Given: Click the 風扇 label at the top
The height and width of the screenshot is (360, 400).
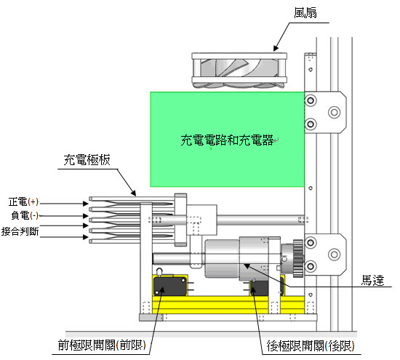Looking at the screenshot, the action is [x=305, y=13].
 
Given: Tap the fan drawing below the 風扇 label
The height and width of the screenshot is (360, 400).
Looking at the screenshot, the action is [x=239, y=70].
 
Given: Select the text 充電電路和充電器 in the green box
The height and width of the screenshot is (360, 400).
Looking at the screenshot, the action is [x=227, y=140].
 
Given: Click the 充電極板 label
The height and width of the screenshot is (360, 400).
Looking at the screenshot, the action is [x=87, y=160].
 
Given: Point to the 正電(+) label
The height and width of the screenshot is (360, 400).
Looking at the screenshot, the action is [x=23, y=201].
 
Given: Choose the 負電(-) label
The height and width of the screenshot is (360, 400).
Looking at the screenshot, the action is [x=25, y=215].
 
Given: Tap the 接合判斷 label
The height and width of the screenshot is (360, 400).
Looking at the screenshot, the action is [x=20, y=231].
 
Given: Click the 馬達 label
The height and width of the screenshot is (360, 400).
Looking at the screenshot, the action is [x=372, y=280].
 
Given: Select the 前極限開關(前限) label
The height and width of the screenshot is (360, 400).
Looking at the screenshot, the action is [x=102, y=345].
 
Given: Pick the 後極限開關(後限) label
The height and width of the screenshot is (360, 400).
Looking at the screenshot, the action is [x=311, y=346].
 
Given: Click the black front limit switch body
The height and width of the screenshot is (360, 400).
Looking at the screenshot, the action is [x=170, y=286].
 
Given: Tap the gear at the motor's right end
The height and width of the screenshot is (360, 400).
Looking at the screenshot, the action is [x=298, y=258].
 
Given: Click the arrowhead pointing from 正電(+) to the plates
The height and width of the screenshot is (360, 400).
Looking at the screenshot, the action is [x=86, y=204].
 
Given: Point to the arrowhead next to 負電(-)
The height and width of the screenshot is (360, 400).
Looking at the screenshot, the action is [x=86, y=216].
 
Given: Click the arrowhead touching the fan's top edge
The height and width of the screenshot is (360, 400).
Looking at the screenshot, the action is [x=276, y=49].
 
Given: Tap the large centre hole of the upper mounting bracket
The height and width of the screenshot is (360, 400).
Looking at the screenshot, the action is [x=335, y=112].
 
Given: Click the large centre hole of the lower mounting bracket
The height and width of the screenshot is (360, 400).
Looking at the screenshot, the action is [x=335, y=255].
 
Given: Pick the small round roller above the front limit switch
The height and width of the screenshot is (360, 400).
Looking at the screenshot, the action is [x=159, y=271].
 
